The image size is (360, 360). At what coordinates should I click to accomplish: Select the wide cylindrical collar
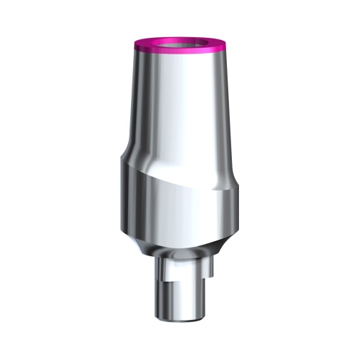click(x=179, y=211)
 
